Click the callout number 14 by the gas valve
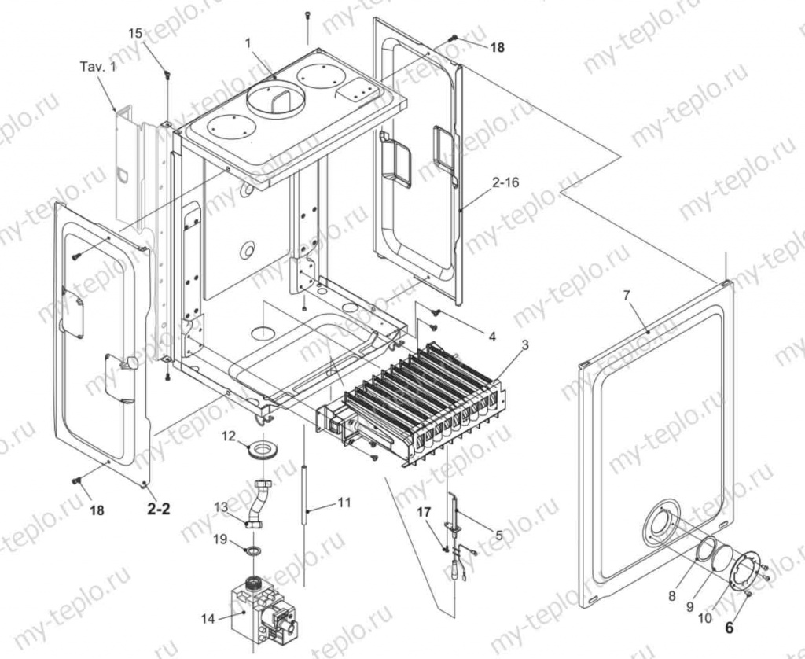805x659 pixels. click(x=208, y=619)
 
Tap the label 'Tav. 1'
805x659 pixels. click(x=97, y=67)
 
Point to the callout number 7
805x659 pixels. click(x=627, y=295)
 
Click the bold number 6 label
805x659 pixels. click(x=730, y=628)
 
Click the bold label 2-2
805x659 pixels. click(x=159, y=509)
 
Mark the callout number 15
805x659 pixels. click(x=135, y=33)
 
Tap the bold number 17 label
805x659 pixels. click(x=425, y=512)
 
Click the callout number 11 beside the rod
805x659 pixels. click(x=344, y=501)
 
